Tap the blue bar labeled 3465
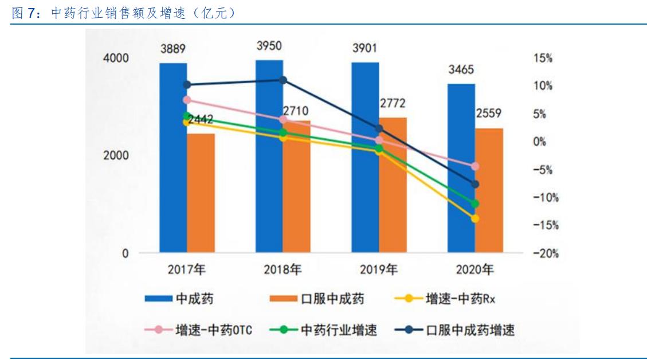(x=461, y=172)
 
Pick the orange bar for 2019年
(x=393, y=189)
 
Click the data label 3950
(x=269, y=46)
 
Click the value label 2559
(x=489, y=114)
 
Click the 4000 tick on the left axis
(x=116, y=58)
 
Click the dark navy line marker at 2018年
(x=283, y=80)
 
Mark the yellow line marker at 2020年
(x=475, y=218)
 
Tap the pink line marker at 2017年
(x=187, y=100)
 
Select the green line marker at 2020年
(x=475, y=204)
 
